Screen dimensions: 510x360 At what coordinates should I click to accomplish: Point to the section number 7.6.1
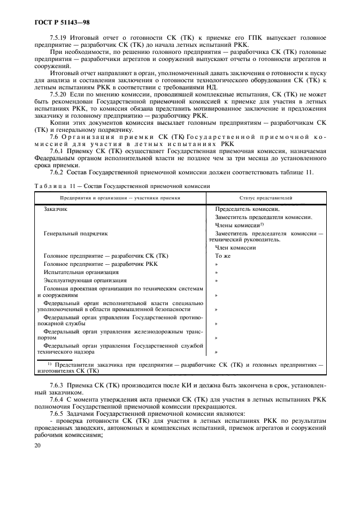pyautogui.click(x=57, y=151)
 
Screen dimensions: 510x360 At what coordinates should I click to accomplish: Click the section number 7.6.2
pyautogui.click(x=57, y=173)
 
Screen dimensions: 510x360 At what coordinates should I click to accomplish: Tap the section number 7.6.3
pyautogui.click(x=57, y=386)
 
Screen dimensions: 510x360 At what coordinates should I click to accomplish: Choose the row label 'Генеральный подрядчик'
pyautogui.click(x=75, y=233)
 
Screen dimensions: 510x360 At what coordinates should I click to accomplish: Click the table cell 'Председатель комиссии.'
pyautogui.click(x=248, y=209)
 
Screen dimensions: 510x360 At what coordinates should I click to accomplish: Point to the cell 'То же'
pyautogui.click(x=223, y=256)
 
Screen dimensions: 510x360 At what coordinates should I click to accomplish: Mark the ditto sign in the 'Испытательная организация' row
pyautogui.click(x=216, y=272)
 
